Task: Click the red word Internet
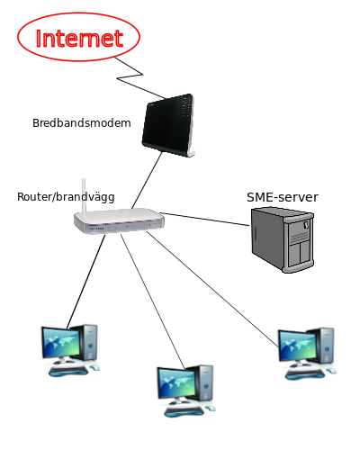coord(79,39)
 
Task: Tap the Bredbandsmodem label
coord(82,123)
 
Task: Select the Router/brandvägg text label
coord(66,197)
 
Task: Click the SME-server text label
coord(283,197)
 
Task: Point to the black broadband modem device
coord(168,125)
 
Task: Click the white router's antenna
coord(84,195)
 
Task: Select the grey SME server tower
coord(283,239)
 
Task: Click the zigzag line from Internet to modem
coord(130,78)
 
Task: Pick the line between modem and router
coord(147,180)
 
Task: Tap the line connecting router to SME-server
coord(204,219)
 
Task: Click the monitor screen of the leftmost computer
coord(62,342)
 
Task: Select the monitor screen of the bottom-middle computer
coord(177,382)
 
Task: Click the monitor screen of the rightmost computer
coord(298,345)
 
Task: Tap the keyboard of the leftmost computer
coord(68,371)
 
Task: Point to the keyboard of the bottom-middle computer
coord(184,411)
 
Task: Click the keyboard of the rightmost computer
coord(305,373)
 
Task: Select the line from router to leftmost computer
coord(86,282)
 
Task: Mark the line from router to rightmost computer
coord(212,289)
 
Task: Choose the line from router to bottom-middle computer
coord(153,301)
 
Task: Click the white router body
coord(120,221)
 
